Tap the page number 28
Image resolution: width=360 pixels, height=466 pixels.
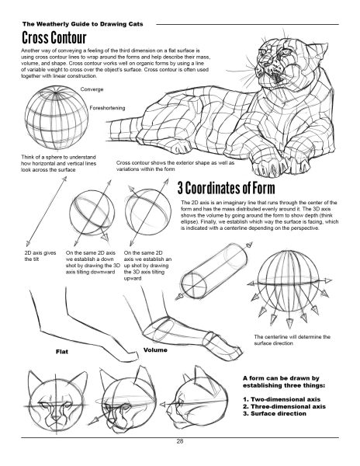tap(179, 440)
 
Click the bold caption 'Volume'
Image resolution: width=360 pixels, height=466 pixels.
tap(157, 351)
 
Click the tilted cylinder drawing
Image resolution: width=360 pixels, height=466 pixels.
tap(222, 270)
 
